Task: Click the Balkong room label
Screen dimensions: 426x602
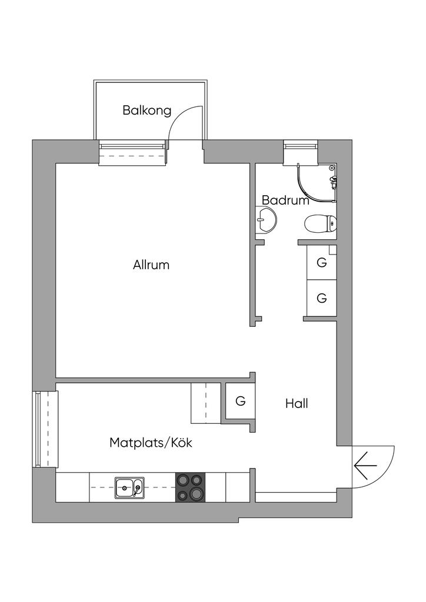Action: [147, 110]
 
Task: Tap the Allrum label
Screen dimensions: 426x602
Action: [151, 265]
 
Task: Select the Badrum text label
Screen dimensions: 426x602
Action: [285, 200]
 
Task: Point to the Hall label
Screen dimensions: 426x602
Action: [297, 404]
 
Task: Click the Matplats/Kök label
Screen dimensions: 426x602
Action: [151, 443]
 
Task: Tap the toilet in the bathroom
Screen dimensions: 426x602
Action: [321, 223]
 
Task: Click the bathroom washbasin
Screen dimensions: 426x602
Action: [266, 221]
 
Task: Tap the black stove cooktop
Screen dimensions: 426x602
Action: [191, 487]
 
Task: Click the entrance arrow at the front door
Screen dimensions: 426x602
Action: [365, 466]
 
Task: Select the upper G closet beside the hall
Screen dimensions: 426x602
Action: [321, 263]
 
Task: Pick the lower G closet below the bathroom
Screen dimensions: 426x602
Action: [321, 298]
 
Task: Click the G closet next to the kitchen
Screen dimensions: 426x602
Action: [240, 402]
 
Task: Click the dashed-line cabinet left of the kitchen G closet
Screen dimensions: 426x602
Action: [205, 403]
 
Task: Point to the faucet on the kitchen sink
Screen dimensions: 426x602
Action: [137, 489]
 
